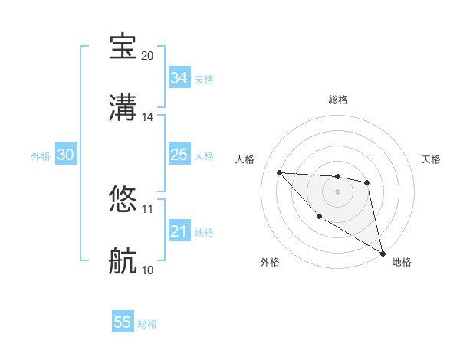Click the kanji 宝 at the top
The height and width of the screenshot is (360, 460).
click(123, 47)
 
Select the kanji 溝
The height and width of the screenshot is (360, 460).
click(123, 107)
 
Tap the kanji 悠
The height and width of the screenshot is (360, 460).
click(123, 200)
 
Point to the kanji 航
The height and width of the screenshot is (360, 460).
click(123, 261)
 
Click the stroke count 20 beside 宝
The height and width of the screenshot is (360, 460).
click(148, 56)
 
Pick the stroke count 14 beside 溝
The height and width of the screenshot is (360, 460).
click(148, 117)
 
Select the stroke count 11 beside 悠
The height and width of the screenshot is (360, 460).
click(148, 208)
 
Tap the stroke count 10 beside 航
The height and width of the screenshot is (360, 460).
click(148, 270)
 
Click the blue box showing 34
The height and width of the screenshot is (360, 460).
click(179, 78)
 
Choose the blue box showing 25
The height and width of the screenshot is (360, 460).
click(179, 155)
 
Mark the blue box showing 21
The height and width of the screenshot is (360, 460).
click(179, 231)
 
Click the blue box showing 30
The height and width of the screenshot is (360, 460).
click(66, 155)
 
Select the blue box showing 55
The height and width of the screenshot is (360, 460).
click(123, 322)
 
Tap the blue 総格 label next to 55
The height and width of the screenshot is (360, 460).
click(147, 324)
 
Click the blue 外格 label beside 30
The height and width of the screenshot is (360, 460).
click(41, 156)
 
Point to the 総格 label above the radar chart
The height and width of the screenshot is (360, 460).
click(337, 100)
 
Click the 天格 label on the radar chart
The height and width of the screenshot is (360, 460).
click(431, 159)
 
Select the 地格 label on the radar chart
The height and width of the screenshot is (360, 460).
click(402, 262)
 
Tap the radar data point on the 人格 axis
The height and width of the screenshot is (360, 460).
click(279, 172)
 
